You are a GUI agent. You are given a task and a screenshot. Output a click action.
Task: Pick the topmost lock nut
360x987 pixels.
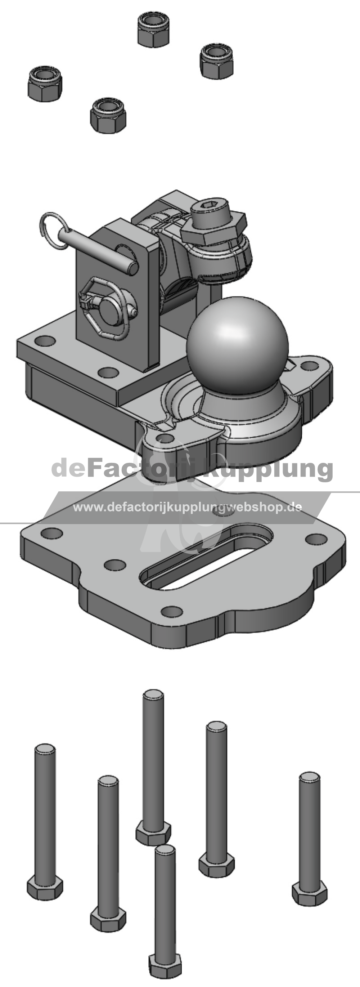153,30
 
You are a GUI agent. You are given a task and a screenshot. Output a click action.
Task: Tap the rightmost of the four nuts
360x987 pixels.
216,61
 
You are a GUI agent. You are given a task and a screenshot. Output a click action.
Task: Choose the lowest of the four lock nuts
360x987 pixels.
108,115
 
